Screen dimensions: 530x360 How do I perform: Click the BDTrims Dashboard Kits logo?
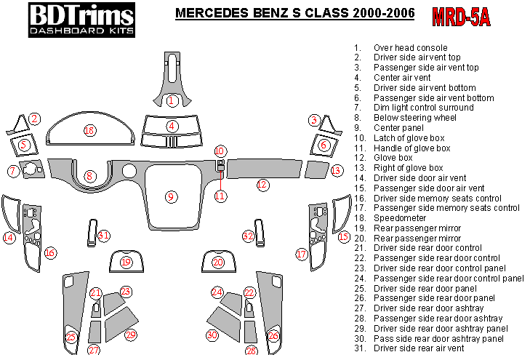(x=81, y=20)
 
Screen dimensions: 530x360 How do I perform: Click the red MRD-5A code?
(x=461, y=17)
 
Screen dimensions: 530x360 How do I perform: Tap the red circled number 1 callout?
(x=172, y=100)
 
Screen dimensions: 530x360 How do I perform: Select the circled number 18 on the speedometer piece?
(x=90, y=130)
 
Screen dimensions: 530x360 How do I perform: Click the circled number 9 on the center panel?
(x=171, y=197)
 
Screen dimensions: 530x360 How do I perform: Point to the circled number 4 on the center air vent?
(x=172, y=126)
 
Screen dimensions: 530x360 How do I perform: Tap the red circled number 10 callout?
(x=220, y=151)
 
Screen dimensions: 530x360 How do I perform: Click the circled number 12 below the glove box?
(x=262, y=185)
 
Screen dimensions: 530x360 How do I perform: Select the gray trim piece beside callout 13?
(x=316, y=169)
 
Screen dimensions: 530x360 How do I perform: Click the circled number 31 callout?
(x=103, y=235)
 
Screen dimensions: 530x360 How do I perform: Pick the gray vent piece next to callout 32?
(x=260, y=233)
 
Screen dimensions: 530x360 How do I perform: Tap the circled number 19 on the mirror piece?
(x=126, y=262)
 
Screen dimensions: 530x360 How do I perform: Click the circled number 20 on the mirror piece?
(x=218, y=262)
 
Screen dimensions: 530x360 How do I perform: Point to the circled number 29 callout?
(x=130, y=335)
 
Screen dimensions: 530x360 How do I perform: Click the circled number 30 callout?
(x=212, y=335)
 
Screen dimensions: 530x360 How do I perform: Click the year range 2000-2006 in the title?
(x=384, y=13)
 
